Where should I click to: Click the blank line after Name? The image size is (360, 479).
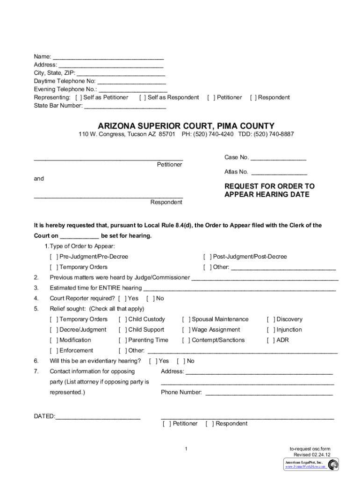pos(108,57)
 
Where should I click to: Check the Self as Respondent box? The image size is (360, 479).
pos(143,97)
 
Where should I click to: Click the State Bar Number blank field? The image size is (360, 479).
pos(125,106)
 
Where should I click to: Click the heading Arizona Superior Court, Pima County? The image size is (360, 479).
pos(186,126)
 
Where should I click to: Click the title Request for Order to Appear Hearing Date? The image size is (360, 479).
pos(269,190)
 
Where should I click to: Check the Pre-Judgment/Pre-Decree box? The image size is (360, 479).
pos(54,257)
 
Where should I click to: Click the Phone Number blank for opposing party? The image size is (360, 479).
pos(269,392)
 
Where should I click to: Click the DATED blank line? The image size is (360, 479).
pos(98,416)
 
